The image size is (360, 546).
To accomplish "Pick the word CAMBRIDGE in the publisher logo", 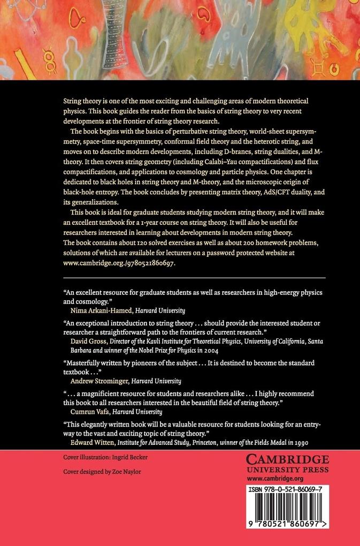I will (x=287, y=460).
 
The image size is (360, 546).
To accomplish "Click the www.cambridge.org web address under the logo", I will (x=275, y=479).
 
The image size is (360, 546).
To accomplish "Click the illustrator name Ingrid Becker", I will (x=129, y=457).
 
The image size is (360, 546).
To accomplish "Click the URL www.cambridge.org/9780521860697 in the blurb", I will (x=119, y=263).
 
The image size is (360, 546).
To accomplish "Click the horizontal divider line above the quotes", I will (x=194, y=278).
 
